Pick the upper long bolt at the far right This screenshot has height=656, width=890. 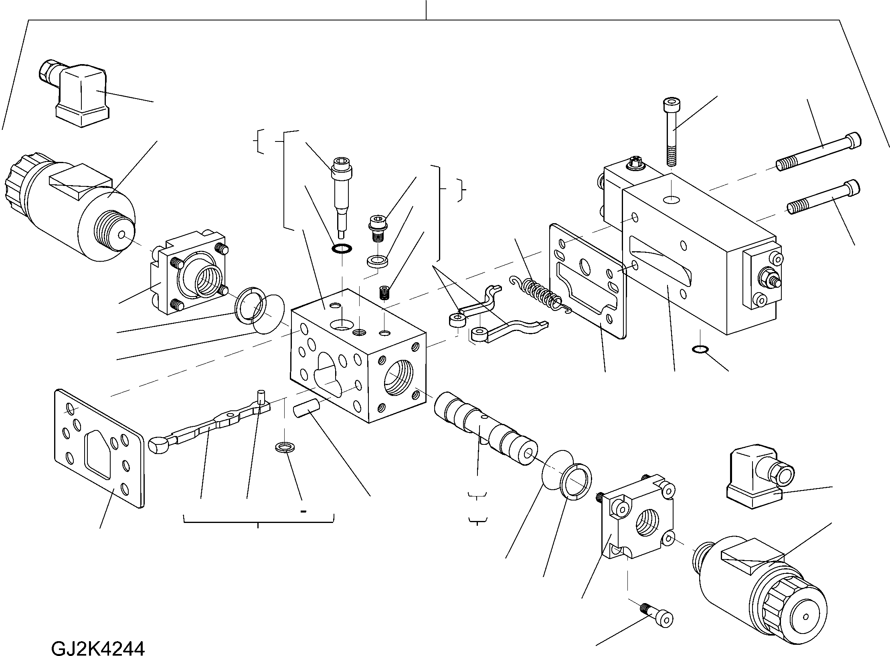tap(818, 152)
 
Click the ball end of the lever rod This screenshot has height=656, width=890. tap(157, 445)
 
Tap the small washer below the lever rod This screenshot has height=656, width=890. tap(284, 447)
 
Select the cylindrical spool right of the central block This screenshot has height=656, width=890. tap(485, 429)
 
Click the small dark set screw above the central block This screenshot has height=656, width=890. tap(384, 291)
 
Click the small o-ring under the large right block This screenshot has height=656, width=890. tap(699, 350)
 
